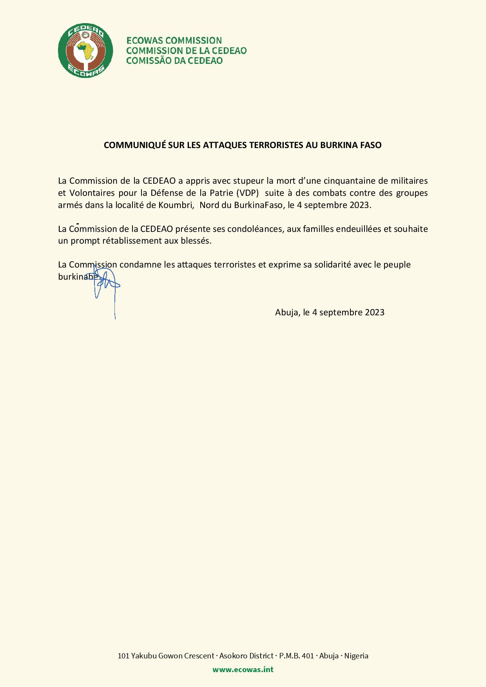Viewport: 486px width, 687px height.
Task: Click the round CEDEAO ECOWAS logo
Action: coord(85,50)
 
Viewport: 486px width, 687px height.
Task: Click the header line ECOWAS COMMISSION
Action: coord(174,40)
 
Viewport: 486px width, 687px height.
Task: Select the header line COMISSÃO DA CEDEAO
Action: coord(174,61)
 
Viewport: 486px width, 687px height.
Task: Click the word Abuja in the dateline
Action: coord(288,313)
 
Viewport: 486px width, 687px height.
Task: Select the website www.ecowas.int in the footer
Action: coord(243,669)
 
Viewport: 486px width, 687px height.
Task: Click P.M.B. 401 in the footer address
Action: coord(296,656)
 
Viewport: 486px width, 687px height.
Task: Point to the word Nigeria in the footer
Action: coord(356,656)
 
